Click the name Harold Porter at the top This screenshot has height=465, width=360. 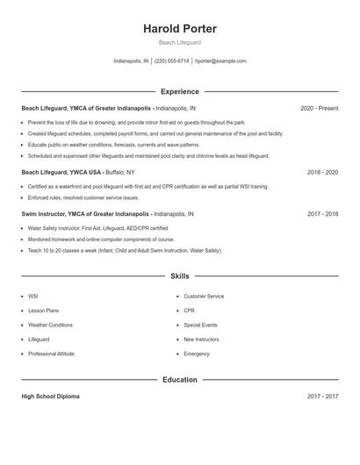point(180,29)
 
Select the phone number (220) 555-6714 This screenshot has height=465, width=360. point(171,61)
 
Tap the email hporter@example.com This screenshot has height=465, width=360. point(220,61)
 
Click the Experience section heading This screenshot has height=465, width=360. point(180,91)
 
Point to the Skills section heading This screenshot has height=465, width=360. point(180,276)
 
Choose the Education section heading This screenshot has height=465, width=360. point(180,380)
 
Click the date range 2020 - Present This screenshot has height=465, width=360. point(319,108)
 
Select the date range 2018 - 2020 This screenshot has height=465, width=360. point(322,173)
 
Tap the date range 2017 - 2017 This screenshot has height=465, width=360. point(322,397)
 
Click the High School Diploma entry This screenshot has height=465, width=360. point(50,397)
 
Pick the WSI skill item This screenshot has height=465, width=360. point(33,297)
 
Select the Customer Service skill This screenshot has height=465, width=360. point(204,297)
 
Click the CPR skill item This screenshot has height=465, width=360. point(190,311)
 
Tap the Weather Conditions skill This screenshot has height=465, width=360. point(50,325)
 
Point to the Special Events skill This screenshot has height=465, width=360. point(200,325)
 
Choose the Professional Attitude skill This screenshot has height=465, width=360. point(51,354)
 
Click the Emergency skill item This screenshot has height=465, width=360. point(197,354)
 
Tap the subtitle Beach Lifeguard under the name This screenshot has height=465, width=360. point(180,42)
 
